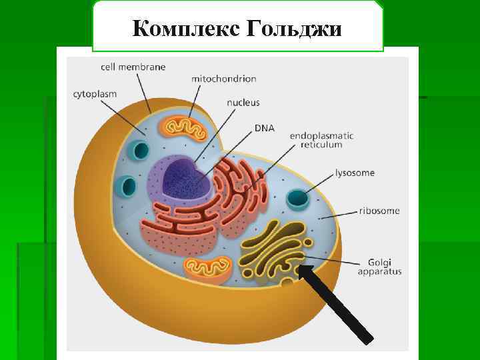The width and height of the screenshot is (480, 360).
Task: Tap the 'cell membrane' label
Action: coord(133,67)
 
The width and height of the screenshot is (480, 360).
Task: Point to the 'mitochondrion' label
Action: coord(223,79)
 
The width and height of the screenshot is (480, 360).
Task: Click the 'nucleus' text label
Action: coord(243,103)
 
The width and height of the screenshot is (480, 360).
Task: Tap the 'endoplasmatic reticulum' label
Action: coord(321,139)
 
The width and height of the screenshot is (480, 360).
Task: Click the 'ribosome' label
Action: coord(379,211)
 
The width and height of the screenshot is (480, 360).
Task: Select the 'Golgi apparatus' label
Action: coord(379,266)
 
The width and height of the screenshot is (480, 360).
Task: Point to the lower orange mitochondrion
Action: coord(208,269)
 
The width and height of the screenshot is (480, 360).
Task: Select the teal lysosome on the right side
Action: coord(297,199)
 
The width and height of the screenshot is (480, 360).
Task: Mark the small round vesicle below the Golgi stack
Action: coord(288,285)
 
